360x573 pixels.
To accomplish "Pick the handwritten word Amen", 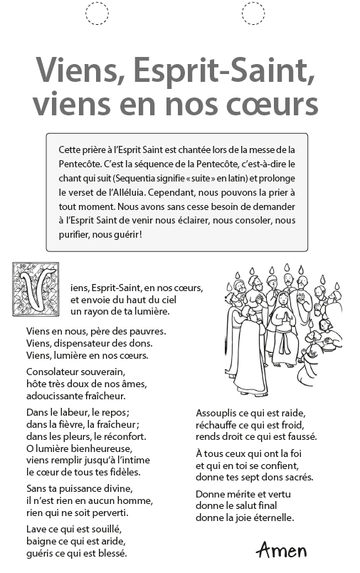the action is click(282, 550).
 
